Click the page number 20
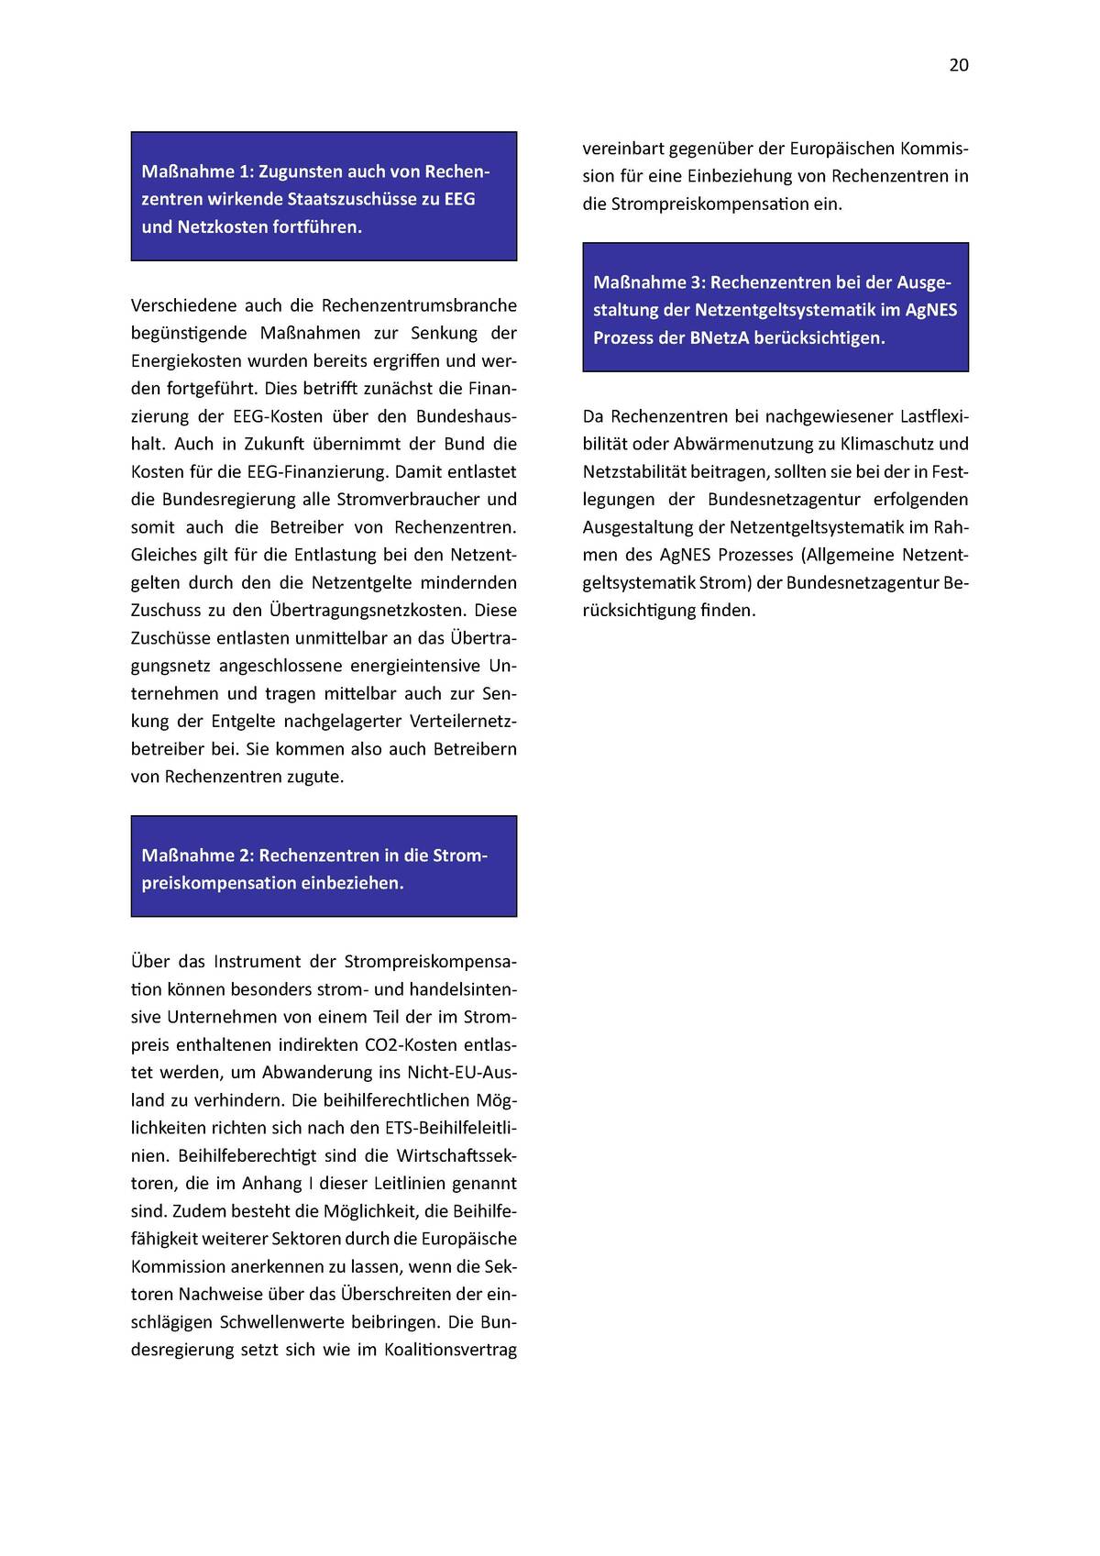(x=958, y=65)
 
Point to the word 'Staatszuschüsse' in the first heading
(x=353, y=199)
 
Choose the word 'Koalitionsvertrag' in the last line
(x=451, y=1350)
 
